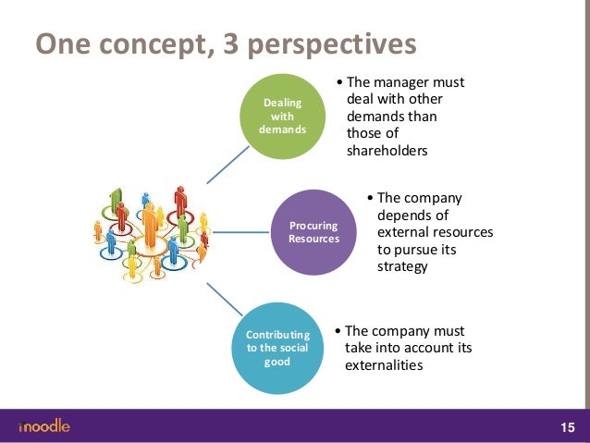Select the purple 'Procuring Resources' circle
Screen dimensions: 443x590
(313, 231)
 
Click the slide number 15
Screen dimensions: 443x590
(567, 427)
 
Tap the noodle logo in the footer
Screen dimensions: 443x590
(43, 426)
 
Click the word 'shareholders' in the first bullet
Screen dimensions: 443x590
(387, 152)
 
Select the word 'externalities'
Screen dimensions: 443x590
(384, 364)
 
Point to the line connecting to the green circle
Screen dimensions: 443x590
(224, 165)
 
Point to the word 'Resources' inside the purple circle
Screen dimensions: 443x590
(313, 239)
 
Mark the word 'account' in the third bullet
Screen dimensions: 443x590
(422, 348)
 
